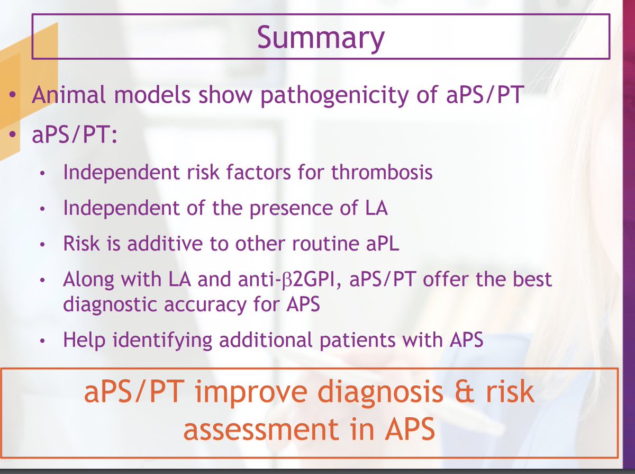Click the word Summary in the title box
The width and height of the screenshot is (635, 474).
click(x=321, y=38)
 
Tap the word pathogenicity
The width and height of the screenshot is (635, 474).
click(x=335, y=95)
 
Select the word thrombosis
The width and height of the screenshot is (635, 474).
click(x=382, y=172)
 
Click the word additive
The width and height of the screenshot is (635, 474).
click(x=165, y=243)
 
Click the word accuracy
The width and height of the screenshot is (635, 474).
click(x=205, y=305)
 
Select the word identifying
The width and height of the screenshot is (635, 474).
click(x=162, y=340)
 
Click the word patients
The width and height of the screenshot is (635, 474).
click(x=358, y=339)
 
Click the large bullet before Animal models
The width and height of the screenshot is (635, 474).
click(x=13, y=94)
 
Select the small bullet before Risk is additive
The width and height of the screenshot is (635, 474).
click(x=42, y=244)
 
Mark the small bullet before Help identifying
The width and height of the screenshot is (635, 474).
click(x=42, y=341)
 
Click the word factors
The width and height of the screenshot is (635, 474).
click(x=258, y=172)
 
